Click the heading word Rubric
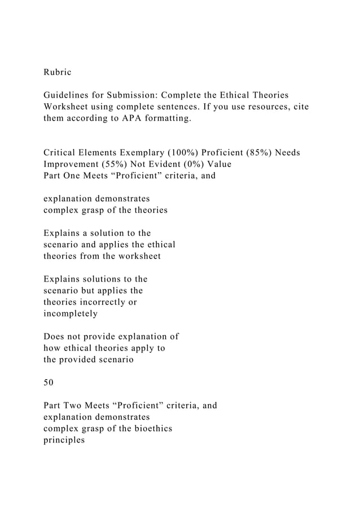[x=58, y=73]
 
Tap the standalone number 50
[x=49, y=383]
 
